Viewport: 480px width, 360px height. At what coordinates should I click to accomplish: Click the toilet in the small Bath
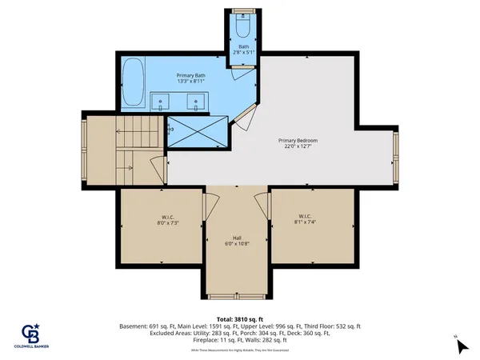tap(243, 27)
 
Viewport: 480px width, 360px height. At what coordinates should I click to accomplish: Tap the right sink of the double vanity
tap(194, 102)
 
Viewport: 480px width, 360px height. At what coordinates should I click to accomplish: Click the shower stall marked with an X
tap(197, 130)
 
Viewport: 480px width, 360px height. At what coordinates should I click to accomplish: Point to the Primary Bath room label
tap(190, 77)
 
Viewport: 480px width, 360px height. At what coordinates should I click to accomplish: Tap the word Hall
tap(238, 238)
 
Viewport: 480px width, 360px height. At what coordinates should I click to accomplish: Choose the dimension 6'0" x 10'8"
tap(238, 244)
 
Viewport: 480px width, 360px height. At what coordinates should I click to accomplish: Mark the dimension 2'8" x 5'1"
tap(243, 52)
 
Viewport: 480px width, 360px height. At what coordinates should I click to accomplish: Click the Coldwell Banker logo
tap(32, 334)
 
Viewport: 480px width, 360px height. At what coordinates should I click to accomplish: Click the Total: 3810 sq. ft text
tap(240, 318)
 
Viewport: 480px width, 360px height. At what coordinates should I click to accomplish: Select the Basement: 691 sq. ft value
tap(149, 326)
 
